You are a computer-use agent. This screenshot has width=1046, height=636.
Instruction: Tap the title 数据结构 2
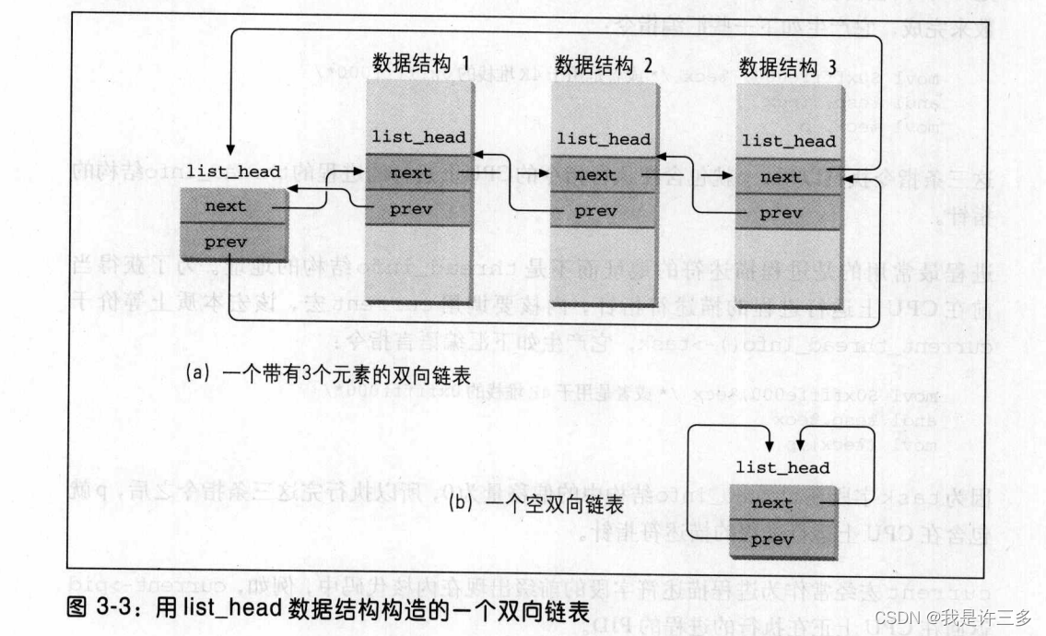(x=604, y=65)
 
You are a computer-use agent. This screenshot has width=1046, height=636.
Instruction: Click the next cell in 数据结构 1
(x=411, y=172)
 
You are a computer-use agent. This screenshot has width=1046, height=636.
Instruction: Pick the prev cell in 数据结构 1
(x=411, y=209)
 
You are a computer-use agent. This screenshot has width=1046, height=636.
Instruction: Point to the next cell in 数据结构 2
(x=595, y=175)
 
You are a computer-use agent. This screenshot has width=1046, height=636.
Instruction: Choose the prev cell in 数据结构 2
(x=595, y=211)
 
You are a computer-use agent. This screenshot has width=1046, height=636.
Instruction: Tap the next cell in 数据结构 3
(x=781, y=178)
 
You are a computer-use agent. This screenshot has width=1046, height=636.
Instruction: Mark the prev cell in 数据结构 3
(x=781, y=213)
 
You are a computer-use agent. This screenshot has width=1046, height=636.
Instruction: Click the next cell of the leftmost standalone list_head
(x=226, y=206)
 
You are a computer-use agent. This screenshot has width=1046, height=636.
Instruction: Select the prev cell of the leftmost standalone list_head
(x=226, y=241)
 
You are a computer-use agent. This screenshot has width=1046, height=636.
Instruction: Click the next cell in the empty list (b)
(x=772, y=503)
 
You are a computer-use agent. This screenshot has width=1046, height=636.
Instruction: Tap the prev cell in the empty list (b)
(x=772, y=538)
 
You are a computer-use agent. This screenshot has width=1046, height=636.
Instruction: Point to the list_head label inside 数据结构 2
(x=604, y=139)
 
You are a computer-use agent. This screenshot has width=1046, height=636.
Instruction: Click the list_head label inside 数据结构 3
(x=789, y=141)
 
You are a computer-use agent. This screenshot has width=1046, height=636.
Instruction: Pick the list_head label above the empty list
(x=782, y=468)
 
